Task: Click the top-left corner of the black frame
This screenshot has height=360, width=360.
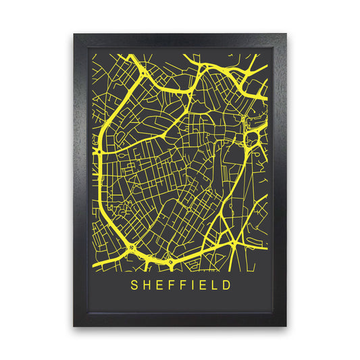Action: click(74, 33)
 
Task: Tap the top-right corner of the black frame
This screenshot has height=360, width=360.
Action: click(286, 33)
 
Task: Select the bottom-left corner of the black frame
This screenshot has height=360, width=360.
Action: click(74, 326)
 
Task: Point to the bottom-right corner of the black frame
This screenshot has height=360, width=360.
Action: click(286, 326)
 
